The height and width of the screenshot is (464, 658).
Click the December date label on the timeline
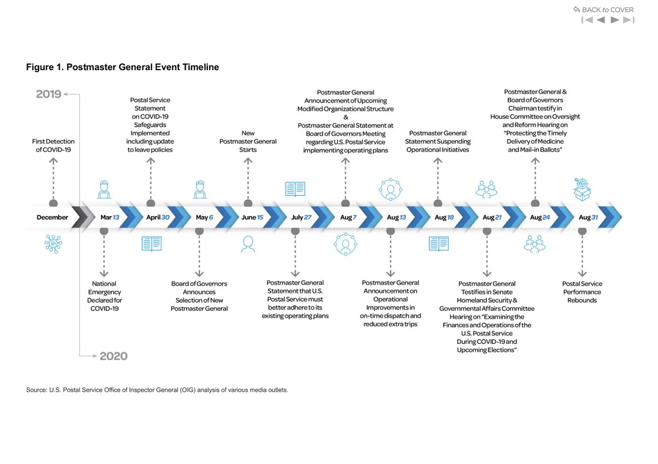coord(53,217)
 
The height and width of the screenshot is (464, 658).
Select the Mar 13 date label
coord(110,217)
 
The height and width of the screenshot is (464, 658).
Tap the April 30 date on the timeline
coord(157,217)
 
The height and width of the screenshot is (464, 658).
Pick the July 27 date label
coord(301,217)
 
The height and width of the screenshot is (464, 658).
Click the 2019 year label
coord(48,94)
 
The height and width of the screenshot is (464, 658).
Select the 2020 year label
coord(114,357)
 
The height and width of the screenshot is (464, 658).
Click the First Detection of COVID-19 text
coord(53,145)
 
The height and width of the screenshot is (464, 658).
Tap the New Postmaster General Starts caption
coord(248,142)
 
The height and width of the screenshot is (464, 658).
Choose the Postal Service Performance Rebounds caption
coord(582,292)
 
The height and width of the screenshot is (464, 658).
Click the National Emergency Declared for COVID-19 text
coord(104,296)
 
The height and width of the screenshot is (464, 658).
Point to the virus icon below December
coord(53,244)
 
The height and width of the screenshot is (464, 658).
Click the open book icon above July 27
coord(295,189)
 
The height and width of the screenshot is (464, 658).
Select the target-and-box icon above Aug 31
coord(582,189)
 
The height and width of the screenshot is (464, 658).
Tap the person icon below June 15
coord(248,244)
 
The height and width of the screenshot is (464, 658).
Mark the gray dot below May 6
coord(200,231)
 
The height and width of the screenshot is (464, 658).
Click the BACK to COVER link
coord(603,9)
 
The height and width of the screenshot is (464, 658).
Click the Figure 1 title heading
coord(122,67)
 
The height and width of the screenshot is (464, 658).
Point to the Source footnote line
coord(157,390)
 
